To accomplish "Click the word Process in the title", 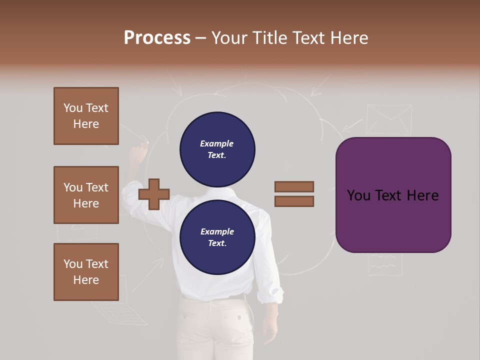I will point(157,38).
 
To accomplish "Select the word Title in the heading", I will point(270,38).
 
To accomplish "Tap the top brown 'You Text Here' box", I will point(86,116).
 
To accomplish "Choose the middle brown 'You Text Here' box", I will point(86,195).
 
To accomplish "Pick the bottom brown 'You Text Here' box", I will point(86,272).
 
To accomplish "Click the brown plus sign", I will point(154,193).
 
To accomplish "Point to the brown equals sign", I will point(294,194).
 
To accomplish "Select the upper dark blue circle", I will point(217,149).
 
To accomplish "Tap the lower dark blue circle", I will point(217,237).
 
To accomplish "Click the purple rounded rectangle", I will point(393,195).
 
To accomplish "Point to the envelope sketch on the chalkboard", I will point(388,119).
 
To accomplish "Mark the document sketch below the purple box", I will point(385,264).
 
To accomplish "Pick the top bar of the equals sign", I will point(294,187).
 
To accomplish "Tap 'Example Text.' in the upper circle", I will point(217,149).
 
